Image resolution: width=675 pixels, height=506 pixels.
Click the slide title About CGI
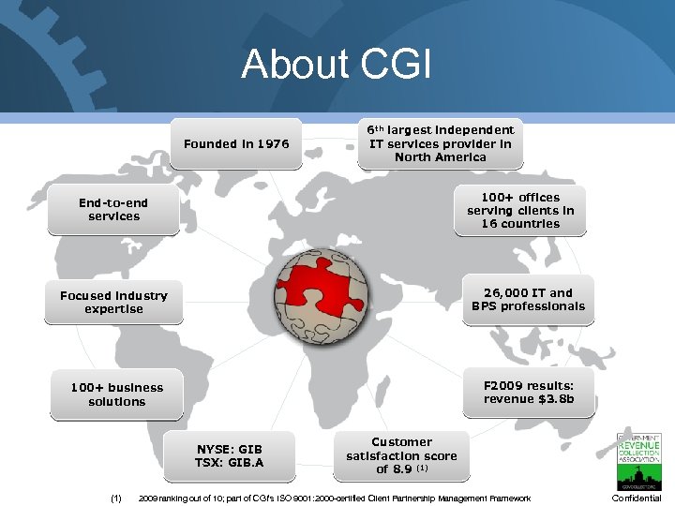[x=337, y=65]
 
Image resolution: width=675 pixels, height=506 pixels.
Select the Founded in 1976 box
[x=236, y=143]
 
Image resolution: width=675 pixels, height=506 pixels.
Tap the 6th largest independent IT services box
[x=440, y=143]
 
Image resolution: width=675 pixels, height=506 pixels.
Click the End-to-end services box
[x=113, y=210]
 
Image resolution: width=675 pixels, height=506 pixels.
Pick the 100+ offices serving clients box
[x=520, y=210]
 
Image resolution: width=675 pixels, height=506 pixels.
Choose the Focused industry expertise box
[x=113, y=302]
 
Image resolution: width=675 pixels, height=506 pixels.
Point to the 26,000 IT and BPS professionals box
[x=528, y=299]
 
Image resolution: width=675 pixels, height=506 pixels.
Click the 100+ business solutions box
[x=116, y=394]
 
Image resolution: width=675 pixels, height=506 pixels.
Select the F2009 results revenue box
[x=528, y=392]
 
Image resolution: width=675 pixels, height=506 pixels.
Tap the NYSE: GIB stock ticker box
[x=230, y=455]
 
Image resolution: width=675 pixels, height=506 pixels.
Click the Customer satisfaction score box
[x=402, y=455]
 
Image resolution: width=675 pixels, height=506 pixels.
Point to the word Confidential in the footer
[x=637, y=499]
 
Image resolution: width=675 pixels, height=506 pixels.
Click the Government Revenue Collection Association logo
[x=638, y=460]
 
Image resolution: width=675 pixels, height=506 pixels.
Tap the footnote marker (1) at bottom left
[x=115, y=499]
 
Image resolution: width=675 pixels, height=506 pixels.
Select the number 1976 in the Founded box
[x=271, y=144]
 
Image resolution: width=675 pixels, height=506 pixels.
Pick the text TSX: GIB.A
[x=230, y=463]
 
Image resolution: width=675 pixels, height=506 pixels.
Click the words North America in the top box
[x=440, y=157]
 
